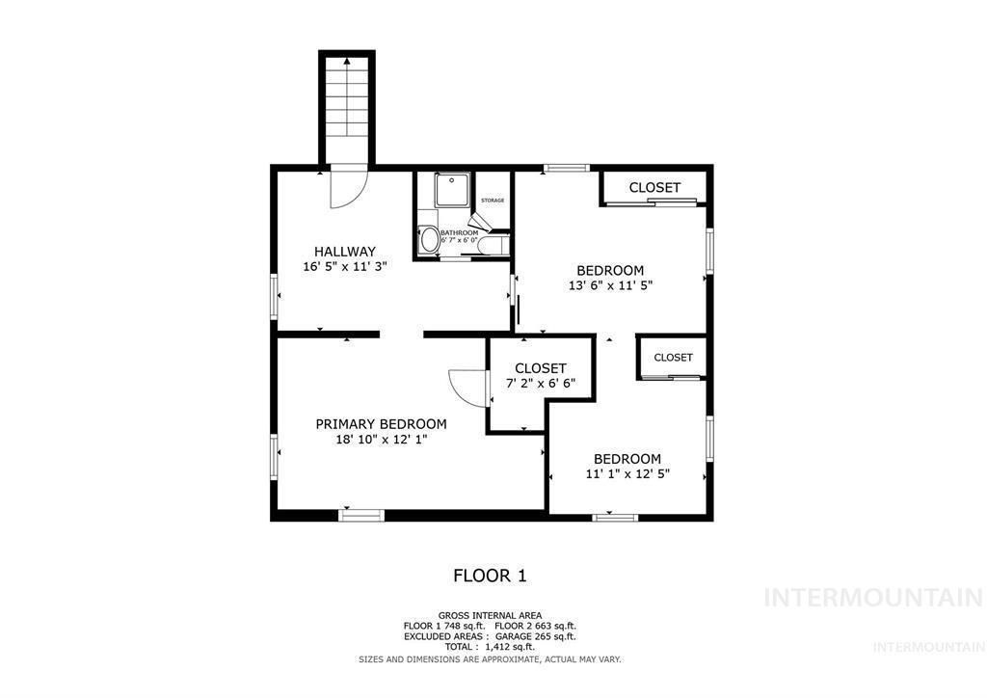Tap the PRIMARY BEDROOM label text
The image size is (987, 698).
(382, 423)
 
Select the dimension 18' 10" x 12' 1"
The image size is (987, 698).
(382, 440)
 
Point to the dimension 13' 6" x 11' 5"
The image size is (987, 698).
(610, 285)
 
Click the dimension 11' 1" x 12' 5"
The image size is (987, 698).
(627, 473)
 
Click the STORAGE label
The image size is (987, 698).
(493, 200)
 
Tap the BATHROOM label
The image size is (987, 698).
(459, 232)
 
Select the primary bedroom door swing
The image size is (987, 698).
(467, 388)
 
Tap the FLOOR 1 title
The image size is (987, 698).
(490, 576)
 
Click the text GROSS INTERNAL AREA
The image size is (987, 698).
(490, 615)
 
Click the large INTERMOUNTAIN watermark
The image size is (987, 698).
(873, 597)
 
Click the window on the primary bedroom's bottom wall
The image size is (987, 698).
(361, 516)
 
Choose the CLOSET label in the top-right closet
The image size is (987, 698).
(654, 187)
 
